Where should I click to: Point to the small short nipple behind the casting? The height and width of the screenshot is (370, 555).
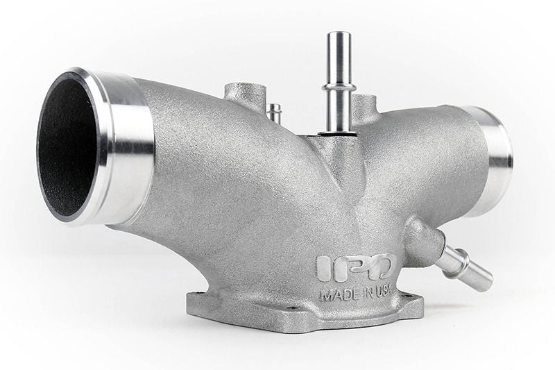coord(275,112)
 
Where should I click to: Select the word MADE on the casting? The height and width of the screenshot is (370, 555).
coord(335,294)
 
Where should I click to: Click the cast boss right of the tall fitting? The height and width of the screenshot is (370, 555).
coord(364,108)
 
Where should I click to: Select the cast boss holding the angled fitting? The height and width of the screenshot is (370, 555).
coord(422,239)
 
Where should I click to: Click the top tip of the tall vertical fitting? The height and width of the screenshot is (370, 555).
coord(339,35)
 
